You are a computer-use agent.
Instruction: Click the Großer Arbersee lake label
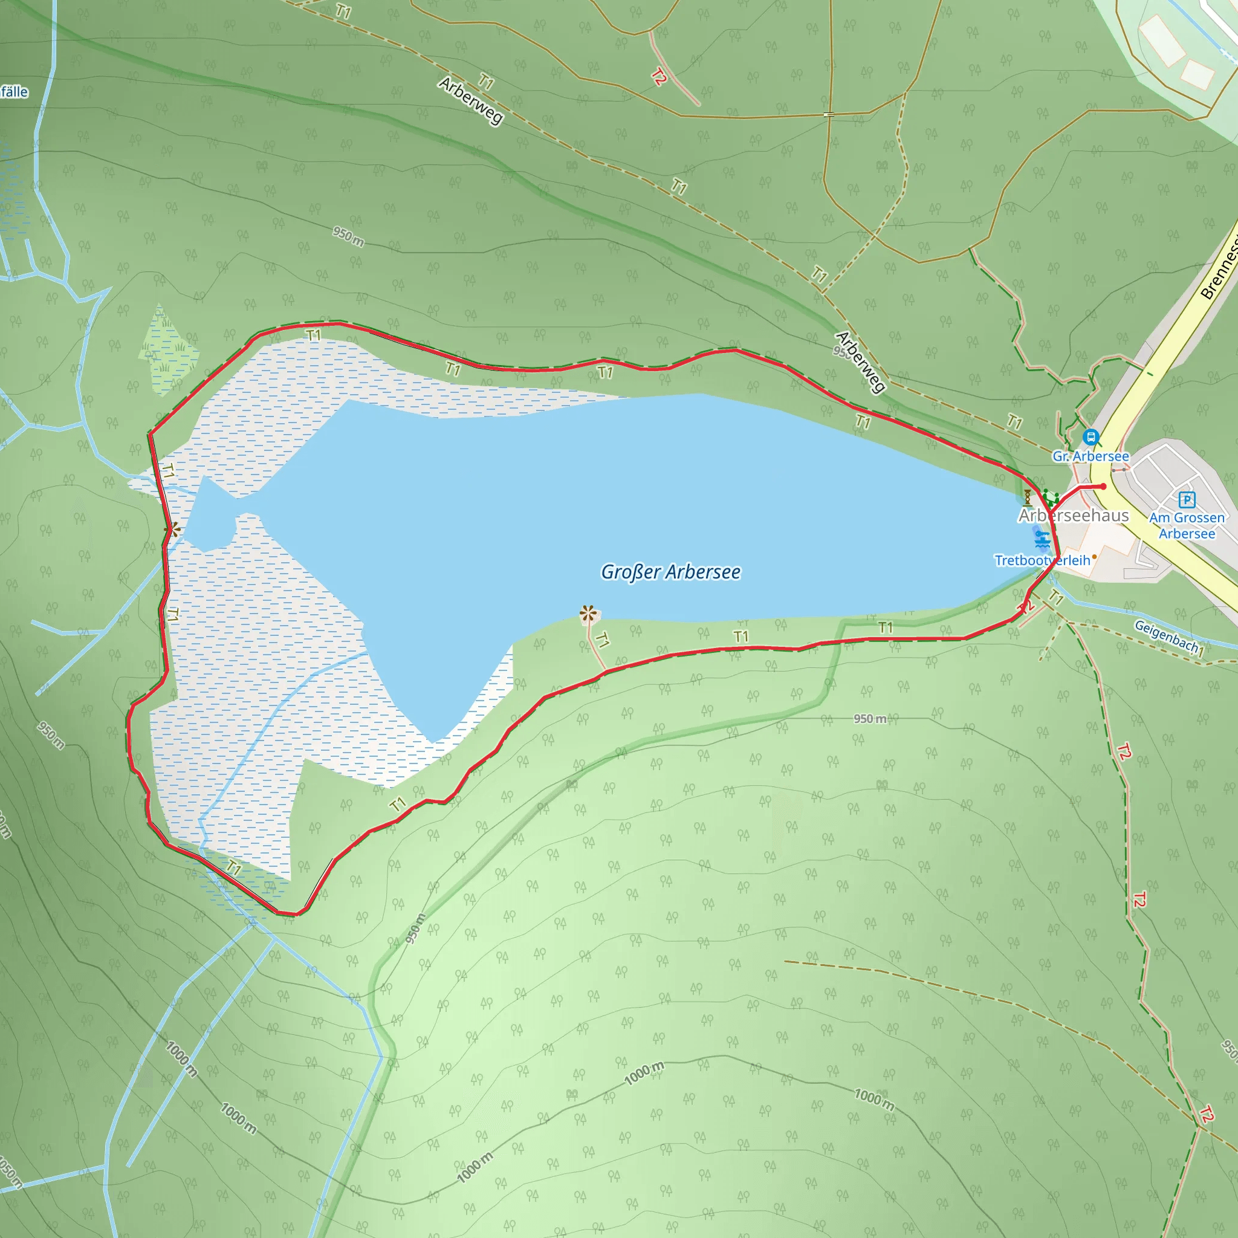coord(670,572)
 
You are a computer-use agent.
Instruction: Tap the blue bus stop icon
coord(1090,437)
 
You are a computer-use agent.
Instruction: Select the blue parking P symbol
coord(1187,499)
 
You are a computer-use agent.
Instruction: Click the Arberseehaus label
coord(1074,516)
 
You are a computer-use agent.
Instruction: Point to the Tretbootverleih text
coord(1042,561)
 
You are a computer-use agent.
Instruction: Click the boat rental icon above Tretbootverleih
coord(1042,538)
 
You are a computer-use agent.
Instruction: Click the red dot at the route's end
coord(1103,487)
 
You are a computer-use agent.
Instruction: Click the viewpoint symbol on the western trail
coord(172,530)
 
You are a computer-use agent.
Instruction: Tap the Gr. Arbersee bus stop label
coord(1091,456)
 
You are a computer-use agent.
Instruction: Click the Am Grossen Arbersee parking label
coord(1187,525)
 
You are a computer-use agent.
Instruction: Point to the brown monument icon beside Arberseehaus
coord(1028,497)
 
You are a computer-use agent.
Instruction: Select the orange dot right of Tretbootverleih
coord(1095,557)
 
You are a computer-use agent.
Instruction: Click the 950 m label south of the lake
coord(869,719)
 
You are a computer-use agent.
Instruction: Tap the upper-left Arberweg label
coord(471,100)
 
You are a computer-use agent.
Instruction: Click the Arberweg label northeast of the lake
coord(861,361)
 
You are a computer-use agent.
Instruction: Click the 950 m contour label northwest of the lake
coord(348,236)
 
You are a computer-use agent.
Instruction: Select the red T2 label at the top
coord(659,77)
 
